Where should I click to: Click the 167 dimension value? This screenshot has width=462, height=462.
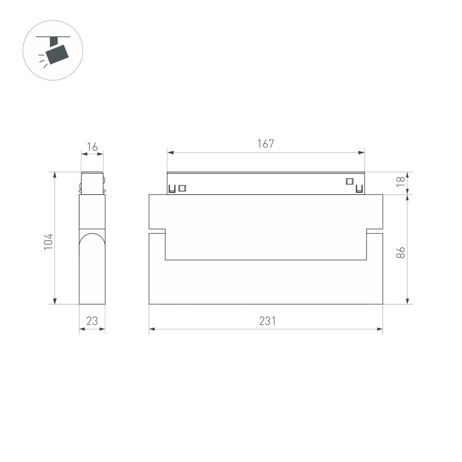pyautogui.click(x=266, y=144)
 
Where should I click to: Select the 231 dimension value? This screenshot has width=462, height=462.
pyautogui.click(x=267, y=321)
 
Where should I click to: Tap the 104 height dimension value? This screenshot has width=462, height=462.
pyautogui.click(x=49, y=242)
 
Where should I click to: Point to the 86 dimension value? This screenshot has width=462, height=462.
pyautogui.click(x=401, y=252)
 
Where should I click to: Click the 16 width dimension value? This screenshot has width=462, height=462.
pyautogui.click(x=92, y=147)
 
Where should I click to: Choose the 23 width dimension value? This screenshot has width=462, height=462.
pyautogui.click(x=92, y=321)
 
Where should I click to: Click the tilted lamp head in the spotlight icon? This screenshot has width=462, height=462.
pyautogui.click(x=59, y=53)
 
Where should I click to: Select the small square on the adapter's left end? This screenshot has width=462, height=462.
pyautogui.click(x=182, y=188)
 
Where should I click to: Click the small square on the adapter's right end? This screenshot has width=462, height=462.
pyautogui.click(x=350, y=181)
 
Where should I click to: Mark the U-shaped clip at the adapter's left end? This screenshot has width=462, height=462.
pyautogui.click(x=172, y=189)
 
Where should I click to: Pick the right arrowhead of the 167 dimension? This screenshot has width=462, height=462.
pyautogui.click(x=362, y=152)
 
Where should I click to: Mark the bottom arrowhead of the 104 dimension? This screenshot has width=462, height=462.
pyautogui.click(x=55, y=301)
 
